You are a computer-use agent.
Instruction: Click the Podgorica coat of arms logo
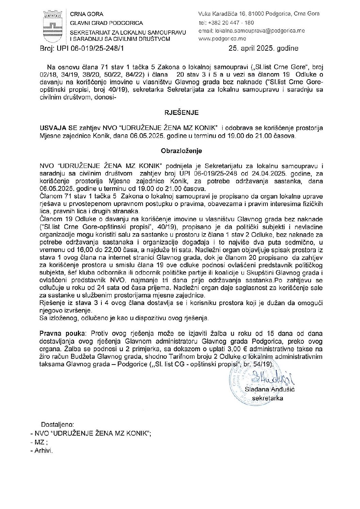coord(52,26)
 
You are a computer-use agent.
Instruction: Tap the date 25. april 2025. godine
coord(263,48)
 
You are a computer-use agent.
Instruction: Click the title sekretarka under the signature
coord(270,398)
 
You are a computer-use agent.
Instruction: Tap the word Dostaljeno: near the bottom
coord(57,424)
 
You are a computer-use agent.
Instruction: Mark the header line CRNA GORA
coord(86,14)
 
